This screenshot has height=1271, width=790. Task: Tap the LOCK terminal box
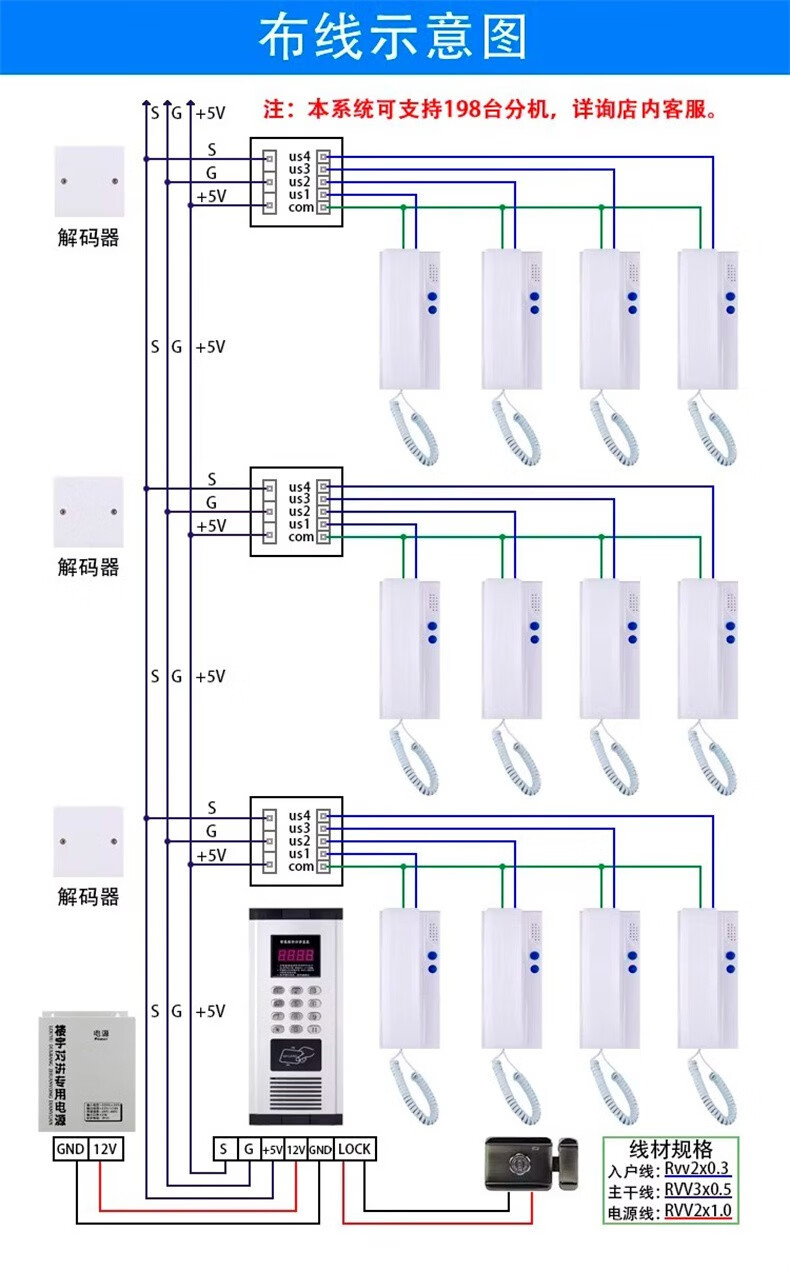[x=354, y=1149]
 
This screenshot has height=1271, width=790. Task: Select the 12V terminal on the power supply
[x=107, y=1149]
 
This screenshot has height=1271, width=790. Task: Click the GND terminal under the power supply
[x=70, y=1149]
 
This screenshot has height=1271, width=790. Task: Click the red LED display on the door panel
[x=295, y=955]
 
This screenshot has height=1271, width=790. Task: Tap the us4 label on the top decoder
[x=300, y=156]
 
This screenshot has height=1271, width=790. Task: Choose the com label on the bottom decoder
[x=301, y=867]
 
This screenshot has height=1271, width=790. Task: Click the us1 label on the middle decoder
[x=300, y=524]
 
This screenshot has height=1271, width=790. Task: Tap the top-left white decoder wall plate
[x=89, y=181]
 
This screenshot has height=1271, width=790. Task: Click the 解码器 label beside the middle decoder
[x=88, y=567]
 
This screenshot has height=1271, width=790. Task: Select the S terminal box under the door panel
[x=223, y=1149]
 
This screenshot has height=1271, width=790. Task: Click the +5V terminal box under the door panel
[x=272, y=1149]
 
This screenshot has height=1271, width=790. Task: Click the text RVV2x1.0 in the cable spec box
[x=698, y=1211]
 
